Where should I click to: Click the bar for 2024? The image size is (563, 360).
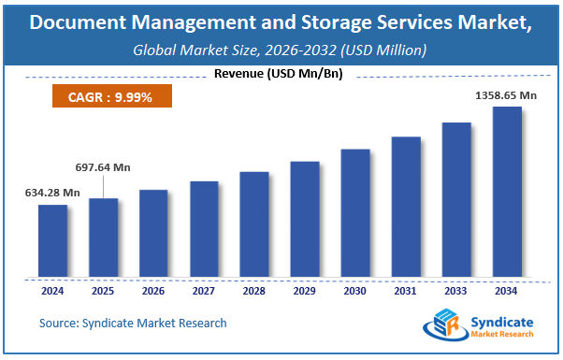pos(52,240)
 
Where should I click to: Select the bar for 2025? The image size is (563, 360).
pos(103,238)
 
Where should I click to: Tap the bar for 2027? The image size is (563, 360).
pos(204,229)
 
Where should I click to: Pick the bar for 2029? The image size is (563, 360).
pos(305,219)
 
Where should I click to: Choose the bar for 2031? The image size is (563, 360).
pos(406,207)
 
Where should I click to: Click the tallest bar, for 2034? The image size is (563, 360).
pos(507,192)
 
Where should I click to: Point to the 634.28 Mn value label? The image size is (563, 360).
pos(51,194)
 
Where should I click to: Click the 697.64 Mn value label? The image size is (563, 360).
pos(103,167)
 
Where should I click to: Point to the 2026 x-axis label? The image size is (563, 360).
pos(153,291)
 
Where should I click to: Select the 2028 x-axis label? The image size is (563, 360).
pos(254,291)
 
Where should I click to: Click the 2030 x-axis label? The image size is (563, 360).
pos(355,291)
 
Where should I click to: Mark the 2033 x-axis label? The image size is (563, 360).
pos(456,291)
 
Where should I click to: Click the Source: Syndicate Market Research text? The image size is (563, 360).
pos(133,323)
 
